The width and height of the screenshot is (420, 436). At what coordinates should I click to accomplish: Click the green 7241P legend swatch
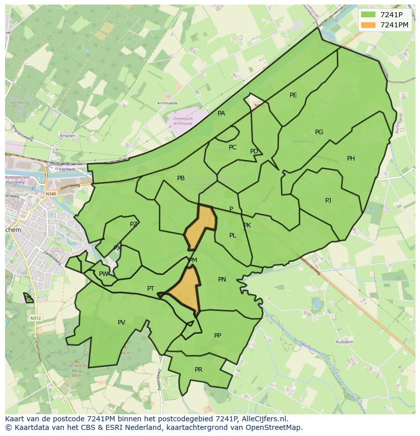point(369,15)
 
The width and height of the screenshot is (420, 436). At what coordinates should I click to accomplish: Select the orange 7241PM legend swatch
point(369,25)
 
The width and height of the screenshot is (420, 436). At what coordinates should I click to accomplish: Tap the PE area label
point(293,95)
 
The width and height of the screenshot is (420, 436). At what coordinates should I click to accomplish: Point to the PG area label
point(319,132)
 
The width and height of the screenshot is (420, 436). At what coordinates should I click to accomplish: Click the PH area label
point(351,158)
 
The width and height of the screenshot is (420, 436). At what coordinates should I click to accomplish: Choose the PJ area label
point(328,201)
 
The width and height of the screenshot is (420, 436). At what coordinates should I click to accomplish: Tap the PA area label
point(221,113)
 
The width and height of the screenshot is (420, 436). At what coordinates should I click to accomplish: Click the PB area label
point(181,178)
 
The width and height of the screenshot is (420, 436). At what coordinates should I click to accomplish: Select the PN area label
point(222,280)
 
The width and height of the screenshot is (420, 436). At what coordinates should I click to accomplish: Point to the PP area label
point(218,335)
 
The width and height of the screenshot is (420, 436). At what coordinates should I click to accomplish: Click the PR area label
point(198,370)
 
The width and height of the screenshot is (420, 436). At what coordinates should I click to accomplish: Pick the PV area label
point(121,323)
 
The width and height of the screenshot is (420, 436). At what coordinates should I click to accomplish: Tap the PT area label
point(151,289)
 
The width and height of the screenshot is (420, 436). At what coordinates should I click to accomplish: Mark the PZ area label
point(133,224)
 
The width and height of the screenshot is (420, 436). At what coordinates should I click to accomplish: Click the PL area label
point(232,235)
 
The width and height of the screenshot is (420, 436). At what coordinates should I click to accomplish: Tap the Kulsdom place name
point(344,342)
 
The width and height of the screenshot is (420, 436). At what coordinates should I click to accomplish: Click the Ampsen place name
point(67,136)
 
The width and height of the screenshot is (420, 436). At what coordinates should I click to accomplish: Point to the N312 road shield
point(35,318)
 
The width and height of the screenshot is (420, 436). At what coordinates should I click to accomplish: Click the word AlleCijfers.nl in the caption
point(262,419)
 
